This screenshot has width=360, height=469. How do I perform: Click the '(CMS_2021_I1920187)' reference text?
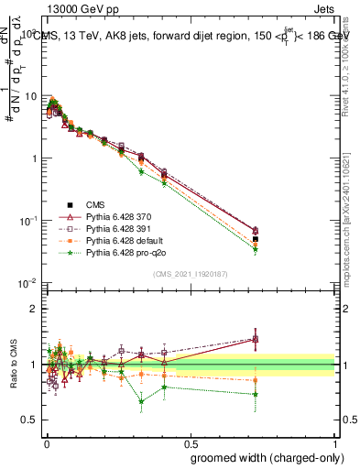190,274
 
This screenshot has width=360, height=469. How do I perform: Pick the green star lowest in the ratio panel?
141,401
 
